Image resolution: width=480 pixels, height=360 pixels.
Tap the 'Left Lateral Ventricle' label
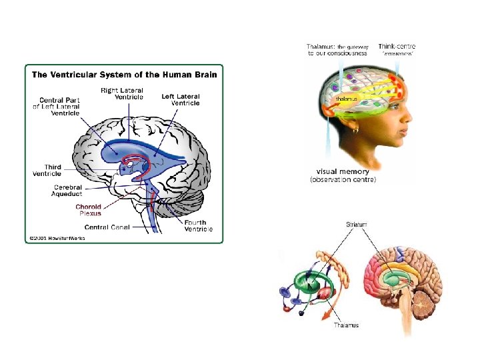pyautogui.click(x=180, y=99)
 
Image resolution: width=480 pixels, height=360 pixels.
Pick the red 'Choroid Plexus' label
pyautogui.click(x=89, y=210)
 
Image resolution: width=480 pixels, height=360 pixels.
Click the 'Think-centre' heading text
pyautogui.click(x=397, y=47)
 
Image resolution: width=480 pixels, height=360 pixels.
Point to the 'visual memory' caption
pyautogui.click(x=343, y=172)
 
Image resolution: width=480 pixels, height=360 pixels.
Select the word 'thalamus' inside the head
pyautogui.click(x=347, y=99)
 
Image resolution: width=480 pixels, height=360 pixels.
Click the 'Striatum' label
pyautogui.click(x=356, y=225)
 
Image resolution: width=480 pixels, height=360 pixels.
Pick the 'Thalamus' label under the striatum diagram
pyautogui.click(x=347, y=325)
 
